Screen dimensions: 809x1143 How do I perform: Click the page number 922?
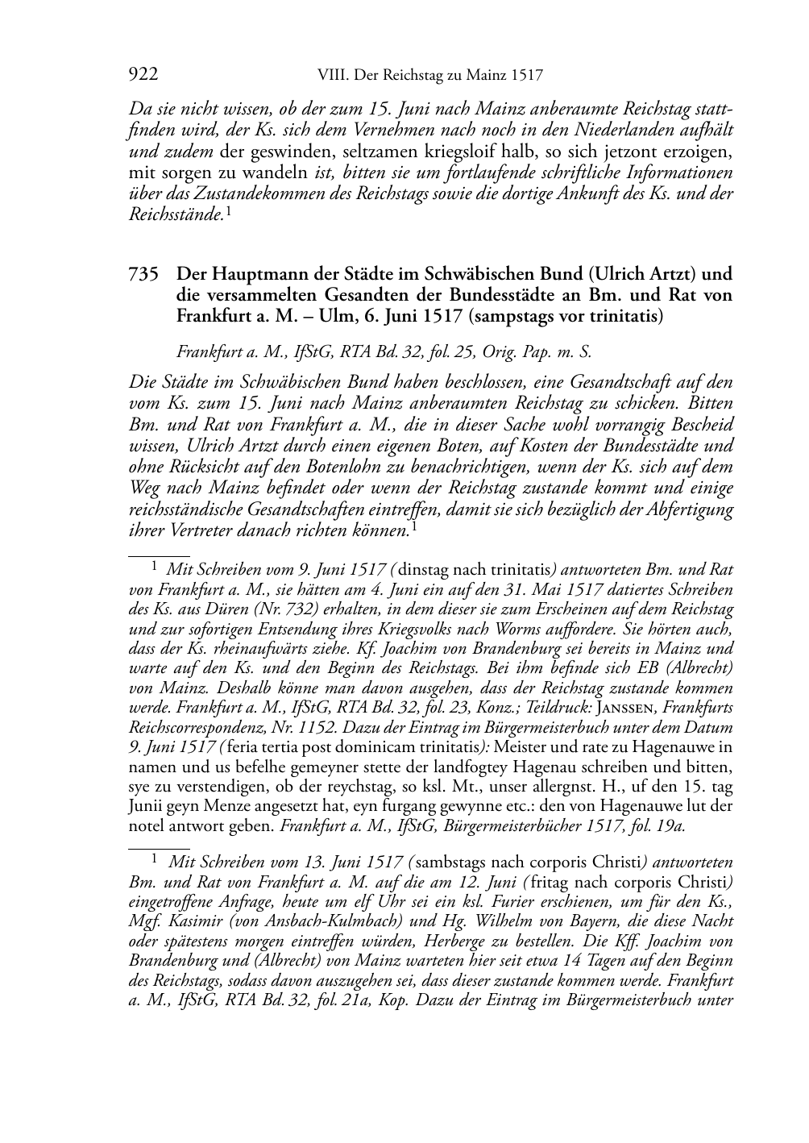[x=143, y=75]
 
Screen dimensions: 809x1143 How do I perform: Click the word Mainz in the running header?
[x=486, y=76]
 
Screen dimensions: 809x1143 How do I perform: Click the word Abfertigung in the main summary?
[x=689, y=509]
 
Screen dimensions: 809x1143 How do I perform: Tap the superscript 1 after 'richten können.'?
[x=414, y=527]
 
